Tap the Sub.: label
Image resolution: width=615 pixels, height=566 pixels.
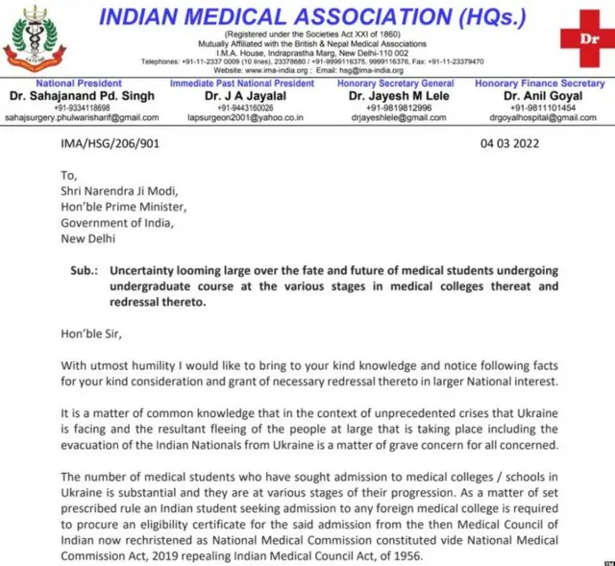(x=85, y=271)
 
